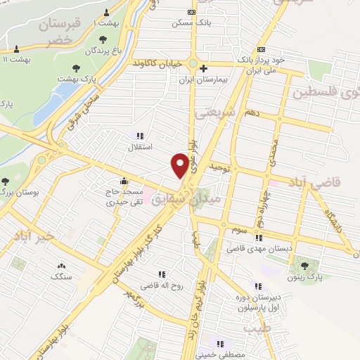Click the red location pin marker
pos(181,165)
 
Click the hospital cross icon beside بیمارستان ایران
pos(203,69)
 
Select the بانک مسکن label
pos(192,22)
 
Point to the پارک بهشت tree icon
pos(75,68)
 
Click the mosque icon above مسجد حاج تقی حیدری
pos(124,179)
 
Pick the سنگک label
pos(60,276)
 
